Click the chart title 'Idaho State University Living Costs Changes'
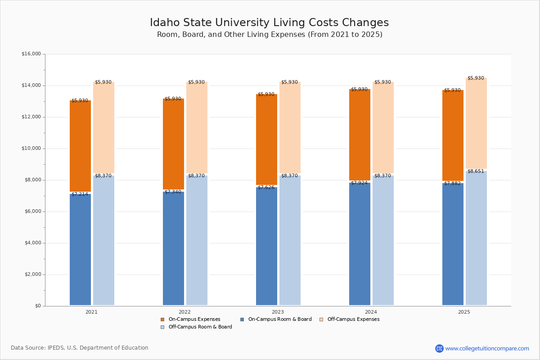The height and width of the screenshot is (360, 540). point(269,23)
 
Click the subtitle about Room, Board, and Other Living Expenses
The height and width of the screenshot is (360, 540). point(270,35)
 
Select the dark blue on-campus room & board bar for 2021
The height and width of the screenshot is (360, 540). point(80,250)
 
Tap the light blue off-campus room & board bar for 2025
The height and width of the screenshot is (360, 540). point(476,238)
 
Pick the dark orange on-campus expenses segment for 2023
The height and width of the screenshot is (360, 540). point(266,139)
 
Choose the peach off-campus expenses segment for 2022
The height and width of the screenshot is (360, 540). point(197,128)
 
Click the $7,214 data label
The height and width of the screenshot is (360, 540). point(80,194)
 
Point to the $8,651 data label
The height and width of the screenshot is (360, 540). point(476,171)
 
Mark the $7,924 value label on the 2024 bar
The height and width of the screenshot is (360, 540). point(359,183)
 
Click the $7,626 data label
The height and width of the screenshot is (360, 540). point(266,187)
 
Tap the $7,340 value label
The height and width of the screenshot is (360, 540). point(173,192)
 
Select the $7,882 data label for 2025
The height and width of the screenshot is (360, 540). point(452,184)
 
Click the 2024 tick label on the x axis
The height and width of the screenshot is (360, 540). point(371,312)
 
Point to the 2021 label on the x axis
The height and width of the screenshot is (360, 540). point(91,312)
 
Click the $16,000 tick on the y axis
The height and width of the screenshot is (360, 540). point(31,54)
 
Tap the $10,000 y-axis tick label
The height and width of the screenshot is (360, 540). point(31,148)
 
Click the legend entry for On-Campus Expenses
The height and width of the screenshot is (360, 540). point(194,319)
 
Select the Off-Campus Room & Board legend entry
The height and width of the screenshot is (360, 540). point(200,327)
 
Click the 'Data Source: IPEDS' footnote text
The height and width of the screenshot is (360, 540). point(80,348)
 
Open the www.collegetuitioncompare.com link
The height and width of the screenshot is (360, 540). point(487,348)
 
